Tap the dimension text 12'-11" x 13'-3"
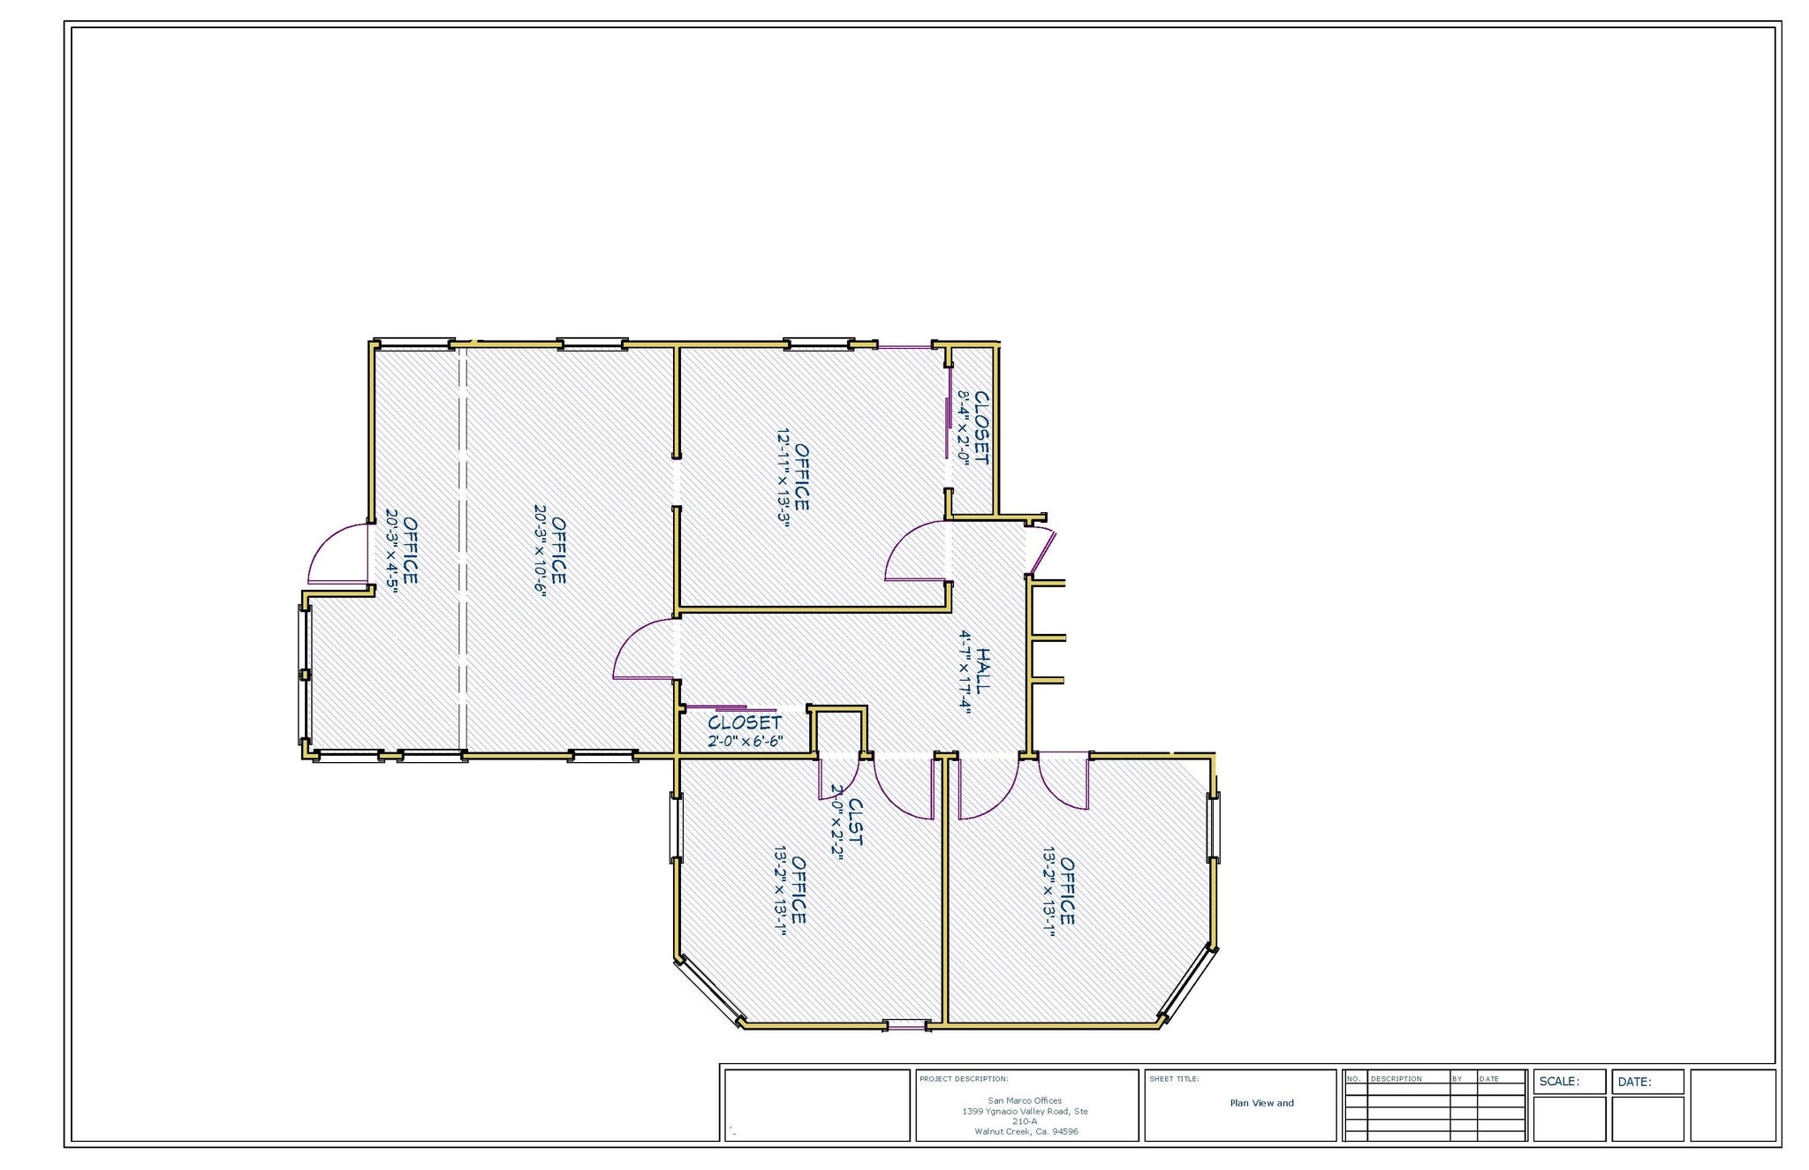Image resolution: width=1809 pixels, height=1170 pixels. pos(783,477)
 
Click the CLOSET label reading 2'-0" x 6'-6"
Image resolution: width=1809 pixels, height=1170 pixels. pos(745,722)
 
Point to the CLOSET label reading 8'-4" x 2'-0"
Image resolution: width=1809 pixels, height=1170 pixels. pos(980,427)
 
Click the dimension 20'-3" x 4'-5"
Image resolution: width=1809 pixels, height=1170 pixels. pos(390,552)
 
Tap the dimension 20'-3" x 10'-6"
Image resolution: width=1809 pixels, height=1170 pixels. pos(540,552)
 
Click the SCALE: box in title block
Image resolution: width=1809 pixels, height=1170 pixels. pos(1570,1082)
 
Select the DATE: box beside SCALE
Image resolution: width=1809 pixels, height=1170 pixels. pos(1647,1082)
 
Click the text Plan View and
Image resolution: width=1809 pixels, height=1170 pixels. pos(1261,1103)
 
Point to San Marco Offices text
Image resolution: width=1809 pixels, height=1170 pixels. pos(1025,1100)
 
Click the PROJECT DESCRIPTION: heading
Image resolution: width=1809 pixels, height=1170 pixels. pos(963,1079)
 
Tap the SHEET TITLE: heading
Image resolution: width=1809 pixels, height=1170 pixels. pos(1174,1079)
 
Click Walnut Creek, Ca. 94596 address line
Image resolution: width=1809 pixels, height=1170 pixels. pos(1026,1131)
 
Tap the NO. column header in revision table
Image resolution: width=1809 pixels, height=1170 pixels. pos(1353,1079)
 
